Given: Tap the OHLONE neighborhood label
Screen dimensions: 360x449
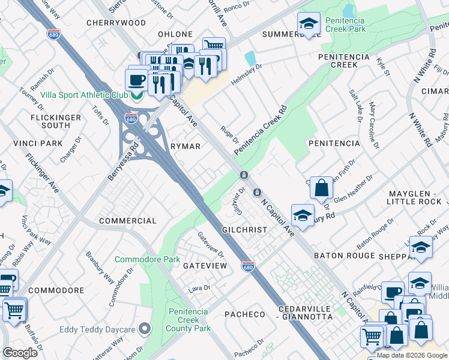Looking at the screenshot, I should [175, 34].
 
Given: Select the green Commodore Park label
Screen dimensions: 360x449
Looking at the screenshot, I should [147, 260].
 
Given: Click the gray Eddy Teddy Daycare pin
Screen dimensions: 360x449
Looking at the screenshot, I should [144, 329].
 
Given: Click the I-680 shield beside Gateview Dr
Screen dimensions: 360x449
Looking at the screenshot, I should [247, 265].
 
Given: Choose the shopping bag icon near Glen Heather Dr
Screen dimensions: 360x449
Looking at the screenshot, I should [322, 187].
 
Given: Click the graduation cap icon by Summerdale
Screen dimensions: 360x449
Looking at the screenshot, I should [309, 23].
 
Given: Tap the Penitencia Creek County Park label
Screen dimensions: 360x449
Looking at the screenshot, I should [188, 320].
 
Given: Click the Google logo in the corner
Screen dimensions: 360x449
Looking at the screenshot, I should [20, 353].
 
